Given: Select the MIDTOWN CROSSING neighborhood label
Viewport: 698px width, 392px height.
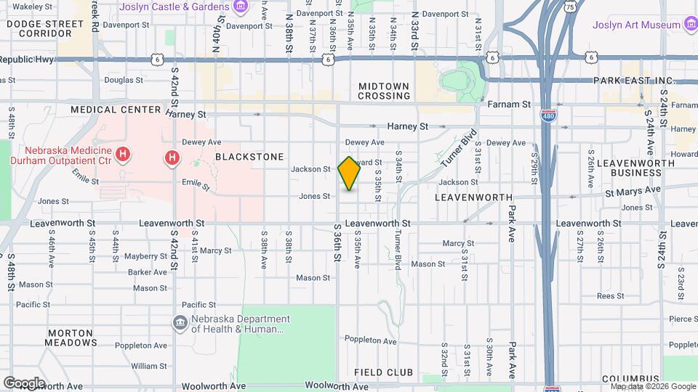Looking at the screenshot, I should pos(384,91).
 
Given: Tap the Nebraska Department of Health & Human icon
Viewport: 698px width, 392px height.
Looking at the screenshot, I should pos(180,322).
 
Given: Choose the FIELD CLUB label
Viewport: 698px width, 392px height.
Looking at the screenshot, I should pos(383,372).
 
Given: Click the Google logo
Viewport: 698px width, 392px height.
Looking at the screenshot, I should pos(23,383).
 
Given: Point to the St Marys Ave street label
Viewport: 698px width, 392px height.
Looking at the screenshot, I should pos(633,189).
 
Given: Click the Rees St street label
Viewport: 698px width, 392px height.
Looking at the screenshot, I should pos(610,295).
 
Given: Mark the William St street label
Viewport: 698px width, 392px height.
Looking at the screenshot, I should pos(149,366).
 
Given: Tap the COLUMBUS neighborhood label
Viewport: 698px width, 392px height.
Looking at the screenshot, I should pos(630,379).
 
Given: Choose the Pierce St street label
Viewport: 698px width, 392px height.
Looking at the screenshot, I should pos(683,318).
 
